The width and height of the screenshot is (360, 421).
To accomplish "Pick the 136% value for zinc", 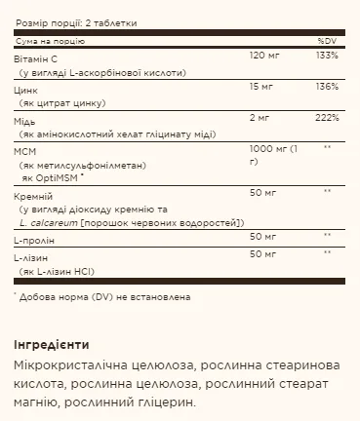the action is click(x=328, y=86).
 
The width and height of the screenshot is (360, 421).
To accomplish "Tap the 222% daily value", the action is click(x=328, y=117).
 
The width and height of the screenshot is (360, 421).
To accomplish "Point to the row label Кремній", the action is click(x=33, y=195).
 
